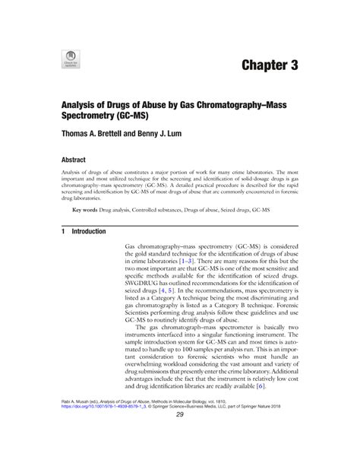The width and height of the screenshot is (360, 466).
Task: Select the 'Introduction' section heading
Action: coord(89,231)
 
